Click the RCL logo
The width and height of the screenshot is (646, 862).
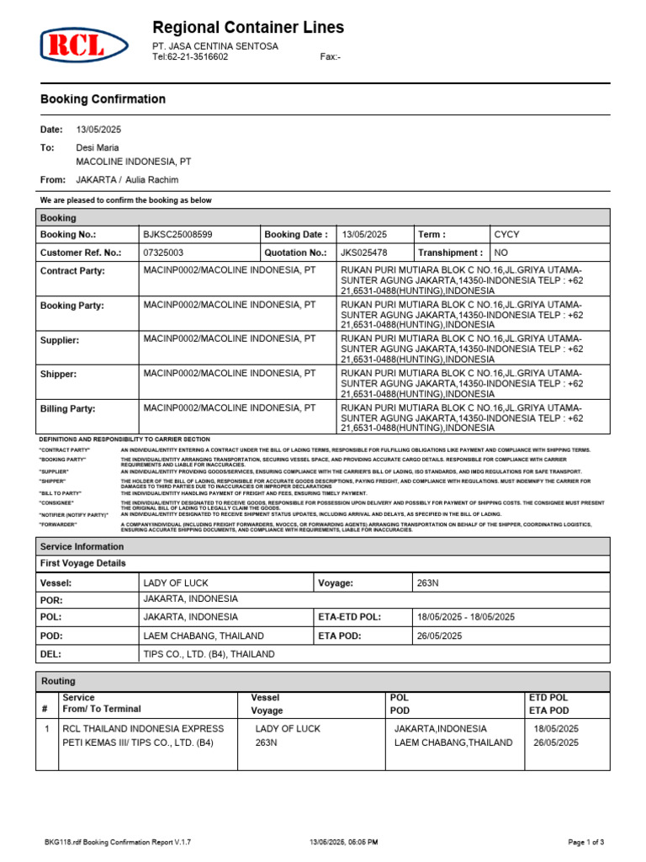pos(85,44)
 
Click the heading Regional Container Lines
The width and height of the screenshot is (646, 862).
pos(247,28)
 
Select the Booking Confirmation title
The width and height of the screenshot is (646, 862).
pos(103,99)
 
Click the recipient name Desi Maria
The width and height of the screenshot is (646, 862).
pos(98,147)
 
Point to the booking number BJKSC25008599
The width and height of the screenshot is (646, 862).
pos(177,235)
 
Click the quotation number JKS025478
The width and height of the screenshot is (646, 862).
pos(363,253)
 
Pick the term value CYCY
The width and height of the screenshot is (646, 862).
pos(507,235)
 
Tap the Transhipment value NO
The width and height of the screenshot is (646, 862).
pos(501,253)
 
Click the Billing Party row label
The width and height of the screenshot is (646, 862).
pos(68,409)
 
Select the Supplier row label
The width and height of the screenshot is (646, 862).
pos(60,340)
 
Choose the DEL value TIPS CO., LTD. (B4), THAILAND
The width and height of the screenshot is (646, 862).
pos(209,654)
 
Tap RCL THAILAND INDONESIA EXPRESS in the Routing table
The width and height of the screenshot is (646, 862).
pos(144,728)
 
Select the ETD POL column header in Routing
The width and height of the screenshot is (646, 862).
pos(548,698)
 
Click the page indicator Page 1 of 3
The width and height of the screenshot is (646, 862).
pos(586,842)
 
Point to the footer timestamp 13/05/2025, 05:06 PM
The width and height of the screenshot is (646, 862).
pos(344,842)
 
